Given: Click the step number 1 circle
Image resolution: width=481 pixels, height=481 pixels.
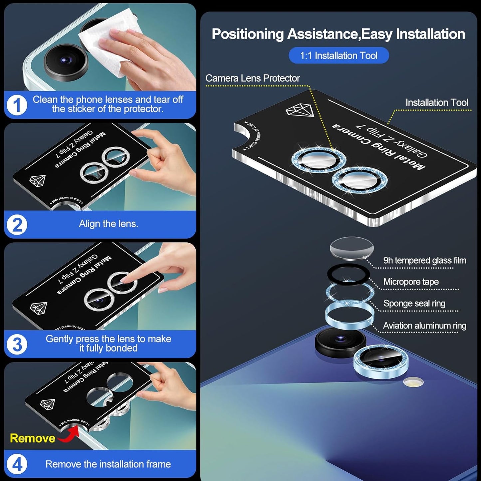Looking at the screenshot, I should pos(17,106).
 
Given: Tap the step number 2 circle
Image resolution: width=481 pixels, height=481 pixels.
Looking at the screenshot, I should pos(17,225).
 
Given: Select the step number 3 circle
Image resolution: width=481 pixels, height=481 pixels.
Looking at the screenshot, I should pos(17,344).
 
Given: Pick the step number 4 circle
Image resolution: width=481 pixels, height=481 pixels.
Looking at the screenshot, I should pos(17,464).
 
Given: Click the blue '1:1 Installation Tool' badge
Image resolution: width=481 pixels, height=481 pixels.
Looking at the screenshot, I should pos(339,56).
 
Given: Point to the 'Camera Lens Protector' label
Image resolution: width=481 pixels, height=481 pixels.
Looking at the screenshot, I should pos(252,78).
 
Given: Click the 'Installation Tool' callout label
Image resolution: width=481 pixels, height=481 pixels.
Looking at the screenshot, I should pos(436,103).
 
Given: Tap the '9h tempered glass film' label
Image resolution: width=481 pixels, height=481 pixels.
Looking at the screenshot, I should pos(424,260).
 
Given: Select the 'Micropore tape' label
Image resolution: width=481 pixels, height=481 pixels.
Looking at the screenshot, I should pos(411,282).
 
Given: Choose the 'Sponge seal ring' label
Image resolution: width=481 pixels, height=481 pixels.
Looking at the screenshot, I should pos(414,304).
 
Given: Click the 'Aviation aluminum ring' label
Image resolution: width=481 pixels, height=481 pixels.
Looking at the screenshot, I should pos(424,326).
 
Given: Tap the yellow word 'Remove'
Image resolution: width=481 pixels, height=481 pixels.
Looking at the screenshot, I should pos(32,438).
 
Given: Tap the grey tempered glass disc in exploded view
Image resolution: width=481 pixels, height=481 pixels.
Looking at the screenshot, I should pos(352,248).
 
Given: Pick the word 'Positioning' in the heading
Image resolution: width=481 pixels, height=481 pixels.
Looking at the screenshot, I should pos(247,34).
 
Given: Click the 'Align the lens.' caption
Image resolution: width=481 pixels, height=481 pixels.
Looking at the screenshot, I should pos(108,224).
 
